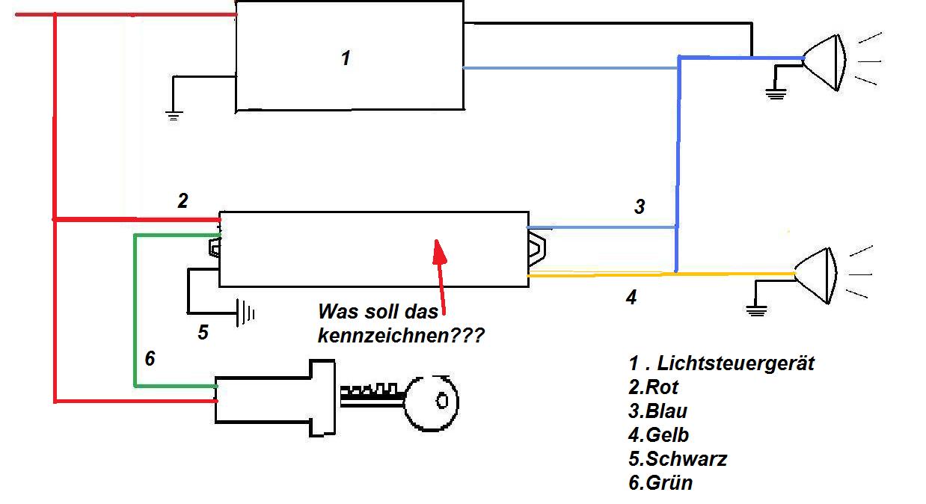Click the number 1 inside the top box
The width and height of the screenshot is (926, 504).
click(346, 58)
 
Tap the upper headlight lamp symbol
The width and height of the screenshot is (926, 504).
click(824, 60)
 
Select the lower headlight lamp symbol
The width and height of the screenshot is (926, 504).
click(815, 275)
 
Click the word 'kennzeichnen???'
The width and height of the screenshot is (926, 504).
click(400, 336)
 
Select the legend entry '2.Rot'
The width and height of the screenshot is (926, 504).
click(654, 387)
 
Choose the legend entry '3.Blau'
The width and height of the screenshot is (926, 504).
click(657, 411)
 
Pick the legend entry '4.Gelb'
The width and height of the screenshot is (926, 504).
click(658, 434)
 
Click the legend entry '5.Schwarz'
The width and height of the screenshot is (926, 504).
click(677, 458)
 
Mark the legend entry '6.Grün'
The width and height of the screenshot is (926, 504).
click(660, 482)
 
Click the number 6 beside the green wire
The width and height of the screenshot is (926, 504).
click(150, 359)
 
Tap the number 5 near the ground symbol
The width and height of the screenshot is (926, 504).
click(203, 332)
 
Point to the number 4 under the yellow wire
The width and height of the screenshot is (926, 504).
click(631, 298)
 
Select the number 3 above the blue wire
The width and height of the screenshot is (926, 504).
click(640, 206)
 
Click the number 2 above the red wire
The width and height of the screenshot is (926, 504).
click(183, 200)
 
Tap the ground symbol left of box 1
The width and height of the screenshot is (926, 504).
click(174, 114)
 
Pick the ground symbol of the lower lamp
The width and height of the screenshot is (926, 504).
click(757, 310)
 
